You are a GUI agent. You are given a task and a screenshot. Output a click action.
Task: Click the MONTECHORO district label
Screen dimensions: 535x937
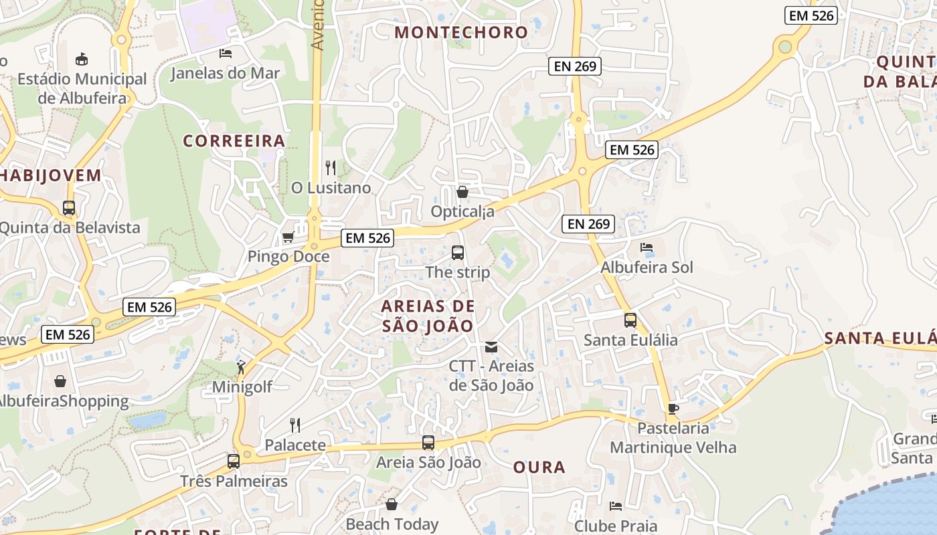461,32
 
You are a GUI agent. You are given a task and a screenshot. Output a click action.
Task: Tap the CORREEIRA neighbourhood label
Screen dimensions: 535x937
234,141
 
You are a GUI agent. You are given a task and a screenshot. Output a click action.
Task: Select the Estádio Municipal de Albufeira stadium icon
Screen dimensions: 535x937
82,59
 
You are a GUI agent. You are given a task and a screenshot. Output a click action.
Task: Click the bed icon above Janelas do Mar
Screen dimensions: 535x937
226,53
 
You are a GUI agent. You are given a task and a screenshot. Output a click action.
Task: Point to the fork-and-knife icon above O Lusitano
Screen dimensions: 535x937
331,167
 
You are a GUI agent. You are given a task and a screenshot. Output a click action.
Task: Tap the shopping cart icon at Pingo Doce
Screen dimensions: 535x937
288,237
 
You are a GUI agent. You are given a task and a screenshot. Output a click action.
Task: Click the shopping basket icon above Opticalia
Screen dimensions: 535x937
462,193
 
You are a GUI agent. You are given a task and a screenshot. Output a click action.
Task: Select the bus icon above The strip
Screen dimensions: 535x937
458,253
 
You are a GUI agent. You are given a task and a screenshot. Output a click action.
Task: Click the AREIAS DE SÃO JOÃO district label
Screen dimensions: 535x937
428,316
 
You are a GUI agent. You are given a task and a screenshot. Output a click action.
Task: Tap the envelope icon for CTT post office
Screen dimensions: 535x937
491,347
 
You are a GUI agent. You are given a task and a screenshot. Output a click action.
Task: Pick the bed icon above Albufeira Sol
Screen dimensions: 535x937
647,247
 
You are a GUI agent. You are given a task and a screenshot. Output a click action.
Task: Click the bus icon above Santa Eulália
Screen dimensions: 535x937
630,320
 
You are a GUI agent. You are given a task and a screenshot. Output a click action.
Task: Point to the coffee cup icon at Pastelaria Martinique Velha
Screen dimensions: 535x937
673,409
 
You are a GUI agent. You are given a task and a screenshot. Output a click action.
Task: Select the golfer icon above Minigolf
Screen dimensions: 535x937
241,367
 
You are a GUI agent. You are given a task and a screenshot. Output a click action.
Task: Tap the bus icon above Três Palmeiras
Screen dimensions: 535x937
234,461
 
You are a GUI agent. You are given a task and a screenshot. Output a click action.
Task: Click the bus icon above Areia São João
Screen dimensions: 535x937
428,443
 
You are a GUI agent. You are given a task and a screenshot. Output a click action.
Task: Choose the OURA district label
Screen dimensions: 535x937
539,467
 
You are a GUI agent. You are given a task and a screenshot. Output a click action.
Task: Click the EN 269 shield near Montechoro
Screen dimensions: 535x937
575,66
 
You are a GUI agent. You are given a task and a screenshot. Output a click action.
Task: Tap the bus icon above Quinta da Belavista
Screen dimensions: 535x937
69,208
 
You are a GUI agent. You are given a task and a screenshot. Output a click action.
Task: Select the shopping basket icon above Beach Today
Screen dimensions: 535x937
392,504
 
